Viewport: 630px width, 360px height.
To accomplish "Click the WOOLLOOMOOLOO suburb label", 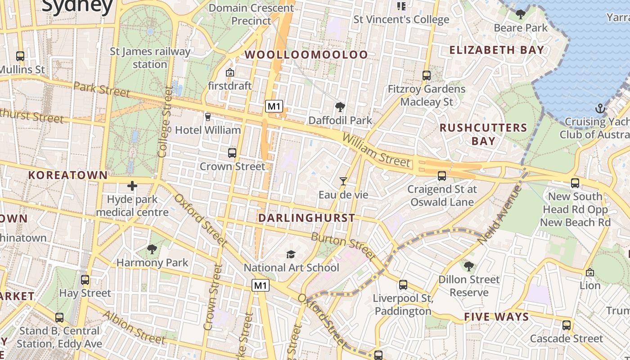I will (x=306, y=54).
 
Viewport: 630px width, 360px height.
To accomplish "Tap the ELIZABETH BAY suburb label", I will (x=497, y=49).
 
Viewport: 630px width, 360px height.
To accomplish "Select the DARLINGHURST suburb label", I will (x=306, y=218).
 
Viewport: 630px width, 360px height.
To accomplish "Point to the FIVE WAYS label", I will (x=496, y=317).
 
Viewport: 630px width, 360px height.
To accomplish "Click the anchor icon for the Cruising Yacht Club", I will (x=599, y=108).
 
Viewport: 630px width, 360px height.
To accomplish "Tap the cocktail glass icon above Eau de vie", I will (x=343, y=181).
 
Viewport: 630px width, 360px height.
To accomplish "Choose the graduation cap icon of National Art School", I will (x=291, y=254).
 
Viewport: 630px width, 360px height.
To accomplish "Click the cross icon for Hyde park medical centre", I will (x=132, y=185).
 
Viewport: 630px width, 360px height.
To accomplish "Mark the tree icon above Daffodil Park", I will (x=340, y=107).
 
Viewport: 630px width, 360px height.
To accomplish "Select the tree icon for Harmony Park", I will (x=152, y=249).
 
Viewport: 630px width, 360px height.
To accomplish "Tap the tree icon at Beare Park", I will (x=521, y=14).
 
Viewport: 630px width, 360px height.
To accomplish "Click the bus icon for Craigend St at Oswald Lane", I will (x=442, y=176).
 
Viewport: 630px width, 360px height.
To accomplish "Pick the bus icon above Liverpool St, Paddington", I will (x=403, y=285).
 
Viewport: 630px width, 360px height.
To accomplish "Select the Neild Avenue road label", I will (x=499, y=215).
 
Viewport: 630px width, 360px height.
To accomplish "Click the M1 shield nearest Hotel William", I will (x=274, y=106).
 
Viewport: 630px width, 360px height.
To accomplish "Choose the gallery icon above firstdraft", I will (x=230, y=72).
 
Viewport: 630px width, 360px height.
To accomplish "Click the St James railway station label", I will (x=150, y=58).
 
